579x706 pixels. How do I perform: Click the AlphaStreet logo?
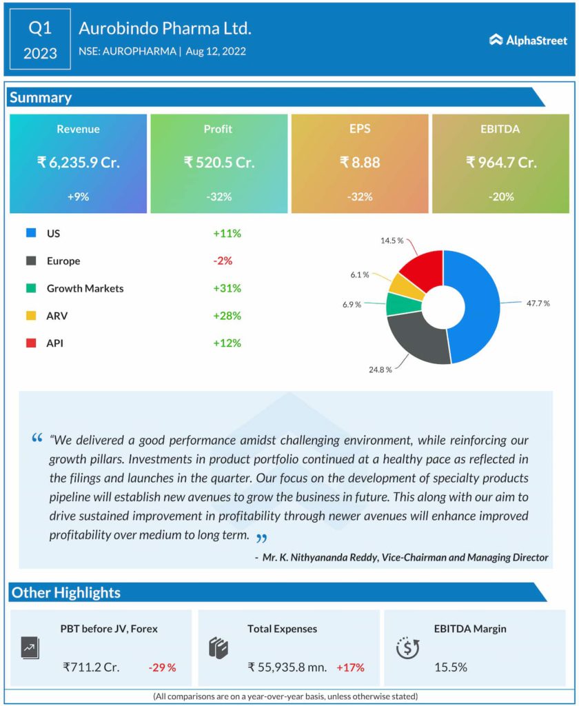(528, 40)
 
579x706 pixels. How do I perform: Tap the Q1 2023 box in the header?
(40, 40)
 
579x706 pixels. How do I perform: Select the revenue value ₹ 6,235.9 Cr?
(78, 163)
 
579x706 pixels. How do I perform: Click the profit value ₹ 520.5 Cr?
(219, 163)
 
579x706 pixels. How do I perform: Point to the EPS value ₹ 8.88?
(360, 163)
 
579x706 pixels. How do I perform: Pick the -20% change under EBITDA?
(500, 196)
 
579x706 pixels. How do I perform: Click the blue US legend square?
(31, 233)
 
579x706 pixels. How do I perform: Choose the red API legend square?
(31, 343)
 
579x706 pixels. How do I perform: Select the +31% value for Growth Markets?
(227, 288)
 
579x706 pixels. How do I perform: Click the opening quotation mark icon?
(37, 438)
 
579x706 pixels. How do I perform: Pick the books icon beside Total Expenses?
(218, 648)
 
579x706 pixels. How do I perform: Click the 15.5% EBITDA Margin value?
(451, 667)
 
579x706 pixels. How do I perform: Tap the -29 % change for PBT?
(162, 667)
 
